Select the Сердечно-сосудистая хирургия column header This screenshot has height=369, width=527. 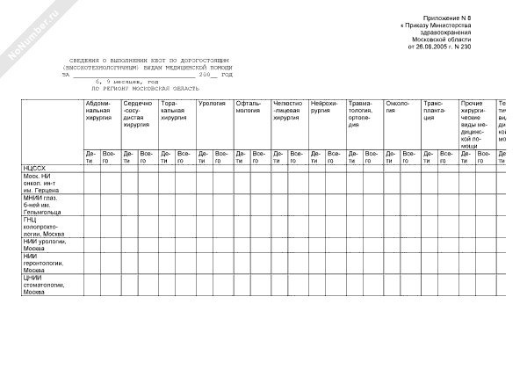pos(137,114)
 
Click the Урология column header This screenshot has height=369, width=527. pos(213,104)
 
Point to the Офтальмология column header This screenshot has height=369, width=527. pos(249,107)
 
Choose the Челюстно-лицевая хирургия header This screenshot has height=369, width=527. pos(288,111)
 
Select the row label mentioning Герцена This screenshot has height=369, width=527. pos(40,182)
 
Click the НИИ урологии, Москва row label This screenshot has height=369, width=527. pos(41,244)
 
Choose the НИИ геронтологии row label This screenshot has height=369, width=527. pos(42,263)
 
